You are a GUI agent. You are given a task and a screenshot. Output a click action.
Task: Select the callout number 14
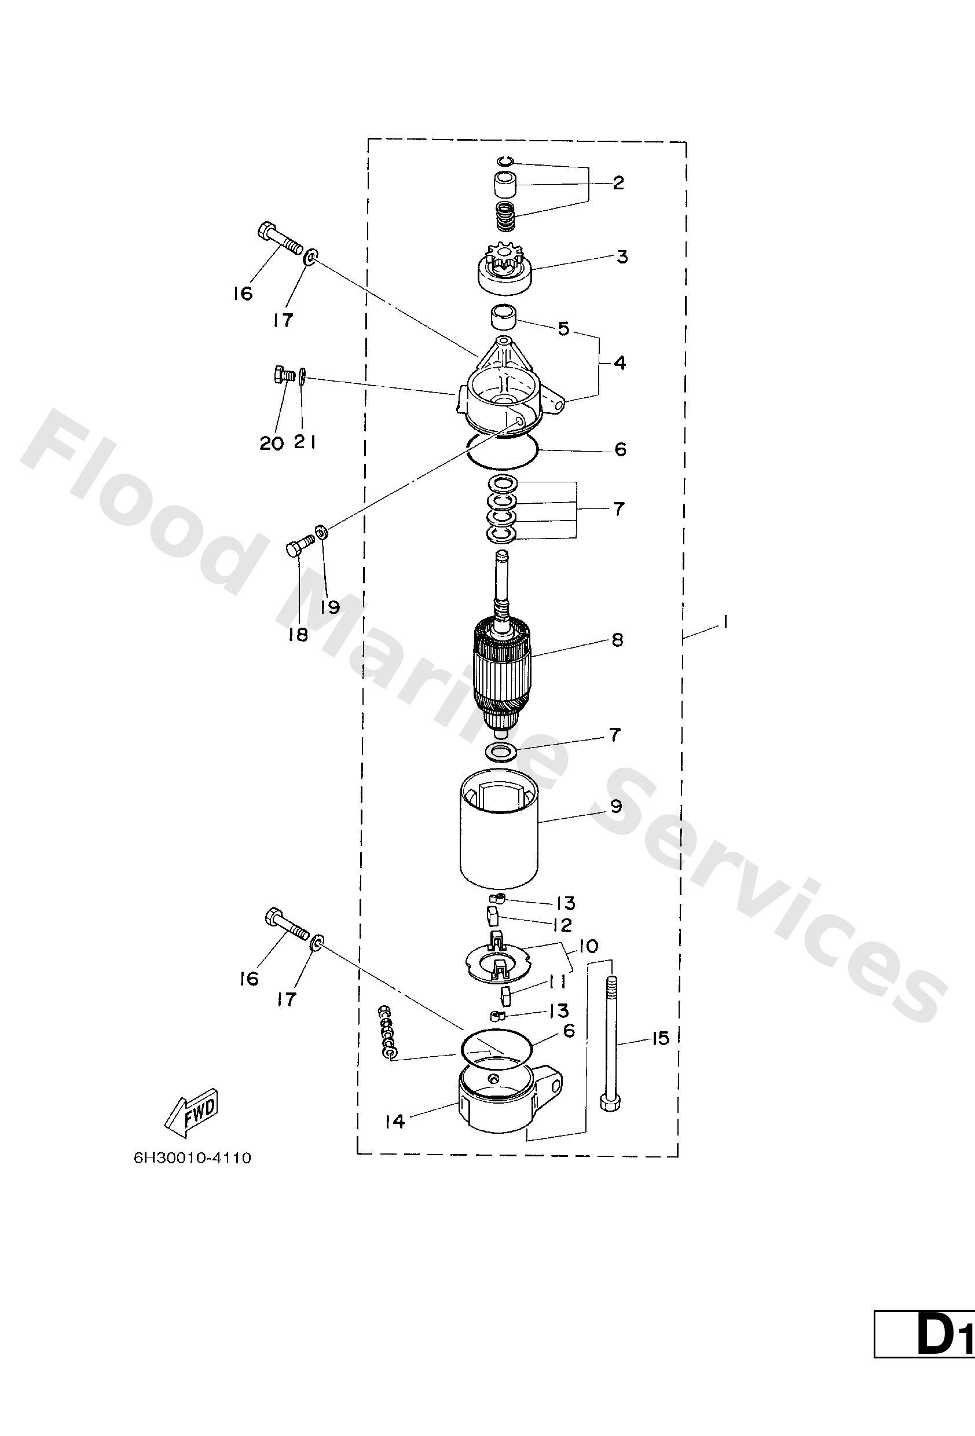394,1121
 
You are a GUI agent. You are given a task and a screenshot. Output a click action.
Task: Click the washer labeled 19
321,531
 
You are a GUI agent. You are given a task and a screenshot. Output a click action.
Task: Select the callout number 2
618,183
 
